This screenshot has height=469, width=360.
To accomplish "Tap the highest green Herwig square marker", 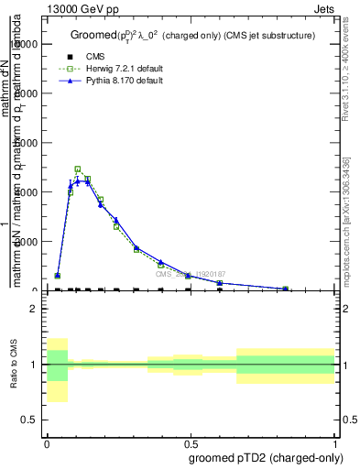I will tap(78, 169).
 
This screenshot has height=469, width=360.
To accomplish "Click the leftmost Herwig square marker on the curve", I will tap(58, 276).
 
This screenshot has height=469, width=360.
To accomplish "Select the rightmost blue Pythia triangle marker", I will tap(285, 289).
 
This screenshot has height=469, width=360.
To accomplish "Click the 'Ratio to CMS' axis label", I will tap(14, 365).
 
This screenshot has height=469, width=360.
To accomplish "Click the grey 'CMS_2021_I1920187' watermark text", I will tap(190, 273).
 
